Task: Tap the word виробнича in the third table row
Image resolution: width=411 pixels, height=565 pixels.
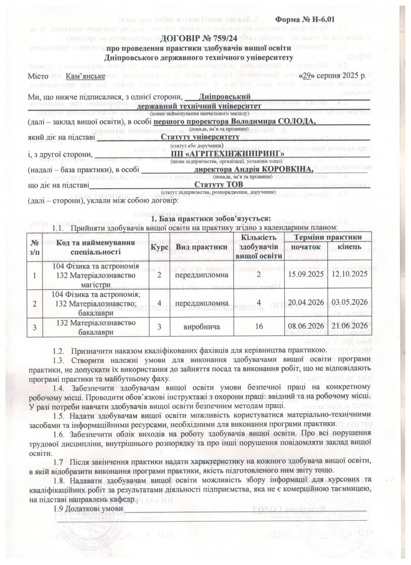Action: [x=200, y=327]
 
